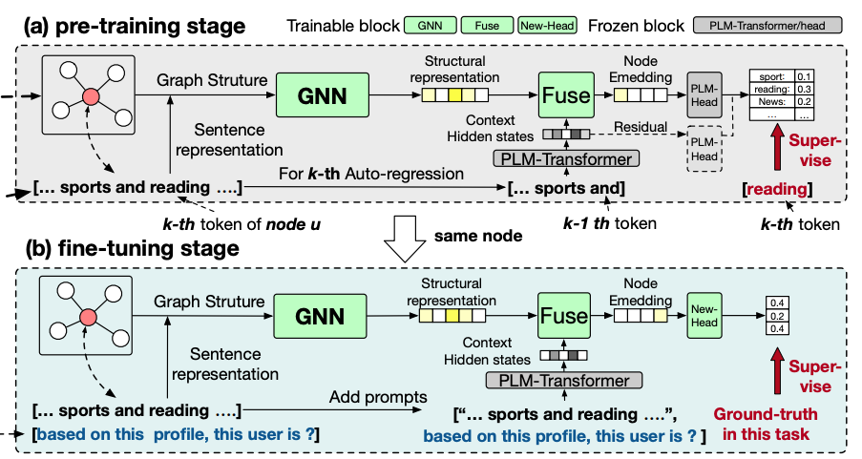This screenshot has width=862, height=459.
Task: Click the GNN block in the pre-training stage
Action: (322, 95)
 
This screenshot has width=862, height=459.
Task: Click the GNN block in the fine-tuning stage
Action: (320, 316)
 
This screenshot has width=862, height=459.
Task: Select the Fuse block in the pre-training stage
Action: (566, 95)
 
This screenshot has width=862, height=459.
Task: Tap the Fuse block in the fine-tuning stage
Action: (564, 316)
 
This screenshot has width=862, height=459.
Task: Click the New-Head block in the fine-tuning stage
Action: (704, 316)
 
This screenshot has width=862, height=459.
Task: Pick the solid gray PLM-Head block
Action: (704, 95)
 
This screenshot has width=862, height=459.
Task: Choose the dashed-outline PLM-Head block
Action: (704, 149)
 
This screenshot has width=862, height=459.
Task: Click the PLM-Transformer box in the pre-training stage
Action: (566, 158)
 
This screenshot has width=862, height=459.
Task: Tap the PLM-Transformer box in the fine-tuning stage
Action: (564, 381)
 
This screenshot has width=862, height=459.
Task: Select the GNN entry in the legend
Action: (431, 25)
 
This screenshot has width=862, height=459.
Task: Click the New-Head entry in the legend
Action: (548, 25)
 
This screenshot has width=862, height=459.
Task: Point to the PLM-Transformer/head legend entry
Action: (767, 25)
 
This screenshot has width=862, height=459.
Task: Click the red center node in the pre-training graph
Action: (91, 96)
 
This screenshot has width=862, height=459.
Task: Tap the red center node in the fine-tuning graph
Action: (88, 317)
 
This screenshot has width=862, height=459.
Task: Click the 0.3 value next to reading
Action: (805, 89)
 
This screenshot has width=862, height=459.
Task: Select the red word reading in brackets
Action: (777, 189)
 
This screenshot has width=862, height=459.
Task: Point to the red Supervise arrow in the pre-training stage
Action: (777, 147)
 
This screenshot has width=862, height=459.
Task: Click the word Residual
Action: (641, 127)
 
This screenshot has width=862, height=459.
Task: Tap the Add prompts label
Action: (378, 397)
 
